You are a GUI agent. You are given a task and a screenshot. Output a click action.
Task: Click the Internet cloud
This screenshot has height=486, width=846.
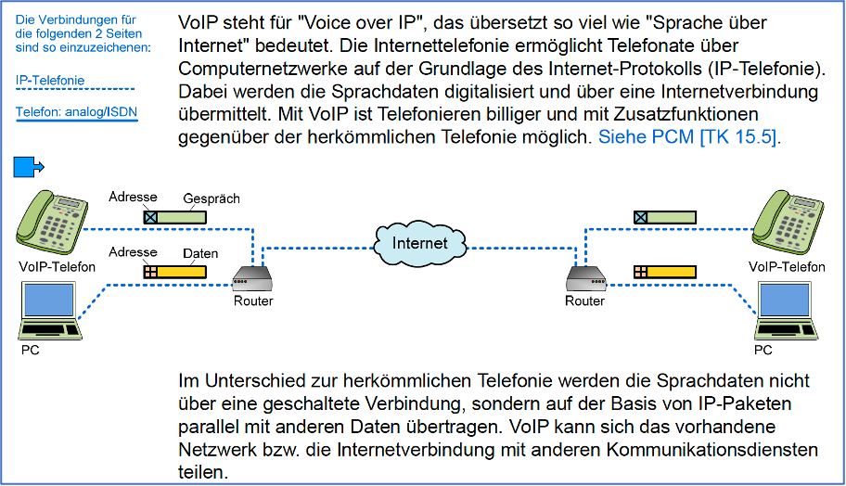[x=420, y=243]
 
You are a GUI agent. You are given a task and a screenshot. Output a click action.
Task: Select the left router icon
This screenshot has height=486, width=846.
[x=252, y=279]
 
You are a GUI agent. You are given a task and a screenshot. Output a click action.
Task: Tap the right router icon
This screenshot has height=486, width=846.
[x=586, y=279]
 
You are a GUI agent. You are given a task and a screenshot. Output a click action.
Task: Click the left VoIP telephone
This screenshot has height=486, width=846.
[x=52, y=224]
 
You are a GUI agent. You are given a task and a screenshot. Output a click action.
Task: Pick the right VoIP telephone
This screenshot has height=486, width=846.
[x=788, y=223]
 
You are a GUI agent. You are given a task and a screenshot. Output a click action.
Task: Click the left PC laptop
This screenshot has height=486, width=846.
[x=51, y=311]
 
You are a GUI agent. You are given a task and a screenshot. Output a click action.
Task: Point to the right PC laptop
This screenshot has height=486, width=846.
[x=786, y=311]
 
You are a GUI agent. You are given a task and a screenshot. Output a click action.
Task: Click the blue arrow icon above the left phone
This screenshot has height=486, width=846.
[x=29, y=167]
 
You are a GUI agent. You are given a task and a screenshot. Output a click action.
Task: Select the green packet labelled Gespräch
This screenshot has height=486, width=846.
[x=174, y=217]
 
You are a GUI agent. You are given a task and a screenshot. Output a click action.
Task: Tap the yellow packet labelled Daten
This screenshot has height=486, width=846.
[x=174, y=272]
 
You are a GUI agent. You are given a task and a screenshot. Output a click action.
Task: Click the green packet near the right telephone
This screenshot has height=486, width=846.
[x=665, y=217]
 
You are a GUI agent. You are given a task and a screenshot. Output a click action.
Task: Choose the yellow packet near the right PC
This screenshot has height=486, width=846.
[x=665, y=272]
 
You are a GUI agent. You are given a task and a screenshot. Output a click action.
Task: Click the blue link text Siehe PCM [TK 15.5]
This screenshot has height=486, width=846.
[x=686, y=137]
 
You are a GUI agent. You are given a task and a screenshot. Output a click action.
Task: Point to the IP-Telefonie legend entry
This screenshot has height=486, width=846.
[x=50, y=81]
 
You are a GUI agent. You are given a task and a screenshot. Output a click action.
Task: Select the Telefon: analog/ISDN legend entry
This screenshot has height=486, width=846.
[x=77, y=112]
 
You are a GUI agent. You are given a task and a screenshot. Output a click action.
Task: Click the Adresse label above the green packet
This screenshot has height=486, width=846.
[x=133, y=197]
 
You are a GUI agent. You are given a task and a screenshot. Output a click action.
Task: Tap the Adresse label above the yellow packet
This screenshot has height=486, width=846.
[x=133, y=252]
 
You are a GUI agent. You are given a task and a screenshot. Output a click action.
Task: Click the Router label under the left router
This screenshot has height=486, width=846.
[x=253, y=301]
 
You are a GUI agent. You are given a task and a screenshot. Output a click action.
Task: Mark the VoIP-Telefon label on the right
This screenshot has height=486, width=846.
[x=787, y=267]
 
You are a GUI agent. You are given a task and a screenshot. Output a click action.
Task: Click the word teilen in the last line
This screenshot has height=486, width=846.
[x=203, y=472]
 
